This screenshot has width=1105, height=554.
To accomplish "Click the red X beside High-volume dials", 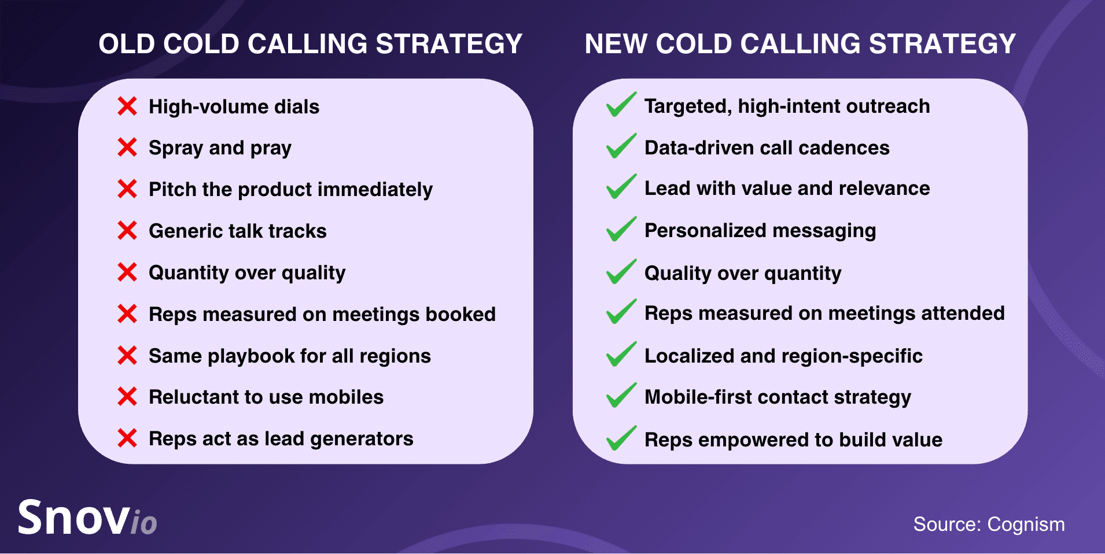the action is coord(127,106).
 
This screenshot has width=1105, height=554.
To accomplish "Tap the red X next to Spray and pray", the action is coord(127,147).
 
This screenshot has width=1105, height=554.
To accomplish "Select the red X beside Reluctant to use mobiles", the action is coord(127,397).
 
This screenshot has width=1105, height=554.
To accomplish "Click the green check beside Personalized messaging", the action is coord(621,229).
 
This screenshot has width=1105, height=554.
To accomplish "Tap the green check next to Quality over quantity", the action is coord(621,271).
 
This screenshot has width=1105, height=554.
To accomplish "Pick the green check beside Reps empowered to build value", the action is coord(621,438).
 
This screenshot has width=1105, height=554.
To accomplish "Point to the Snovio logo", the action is coord(87,517).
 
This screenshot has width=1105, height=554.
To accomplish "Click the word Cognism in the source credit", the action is coord(1026,525).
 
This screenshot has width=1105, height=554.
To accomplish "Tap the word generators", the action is coord(362,439).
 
